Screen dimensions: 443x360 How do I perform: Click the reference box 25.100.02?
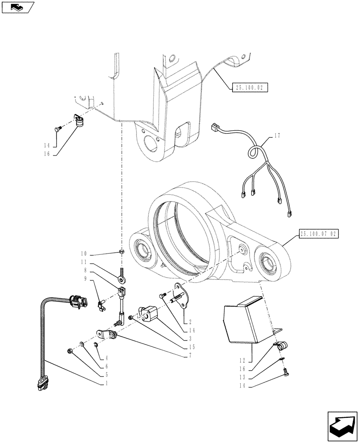(249, 88)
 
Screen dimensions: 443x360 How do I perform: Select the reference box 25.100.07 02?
(319, 233)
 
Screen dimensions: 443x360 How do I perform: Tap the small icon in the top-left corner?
(17, 6)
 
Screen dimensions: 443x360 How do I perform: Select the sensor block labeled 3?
(148, 312)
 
